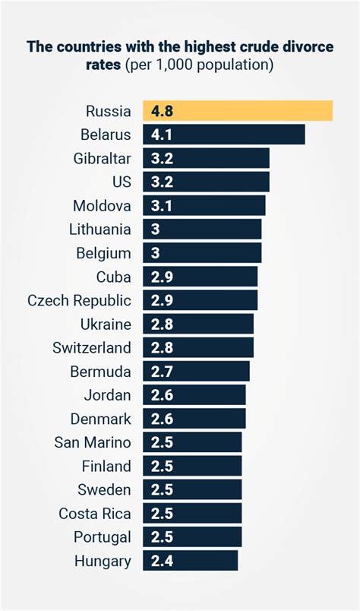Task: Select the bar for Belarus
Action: pos(223,135)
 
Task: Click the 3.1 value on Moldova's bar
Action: pos(162,205)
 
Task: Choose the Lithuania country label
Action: pos(99,229)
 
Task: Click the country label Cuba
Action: pos(113,277)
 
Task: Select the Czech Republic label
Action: pos(79,300)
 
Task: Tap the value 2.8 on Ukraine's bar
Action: pos(162,324)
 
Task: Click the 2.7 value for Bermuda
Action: pos(162,372)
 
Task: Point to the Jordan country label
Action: pos(107,395)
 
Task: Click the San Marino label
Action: pos(93,442)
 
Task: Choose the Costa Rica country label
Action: pos(95,514)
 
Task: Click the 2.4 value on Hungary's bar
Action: pos(162,562)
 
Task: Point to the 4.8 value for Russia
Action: pos(162,111)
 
